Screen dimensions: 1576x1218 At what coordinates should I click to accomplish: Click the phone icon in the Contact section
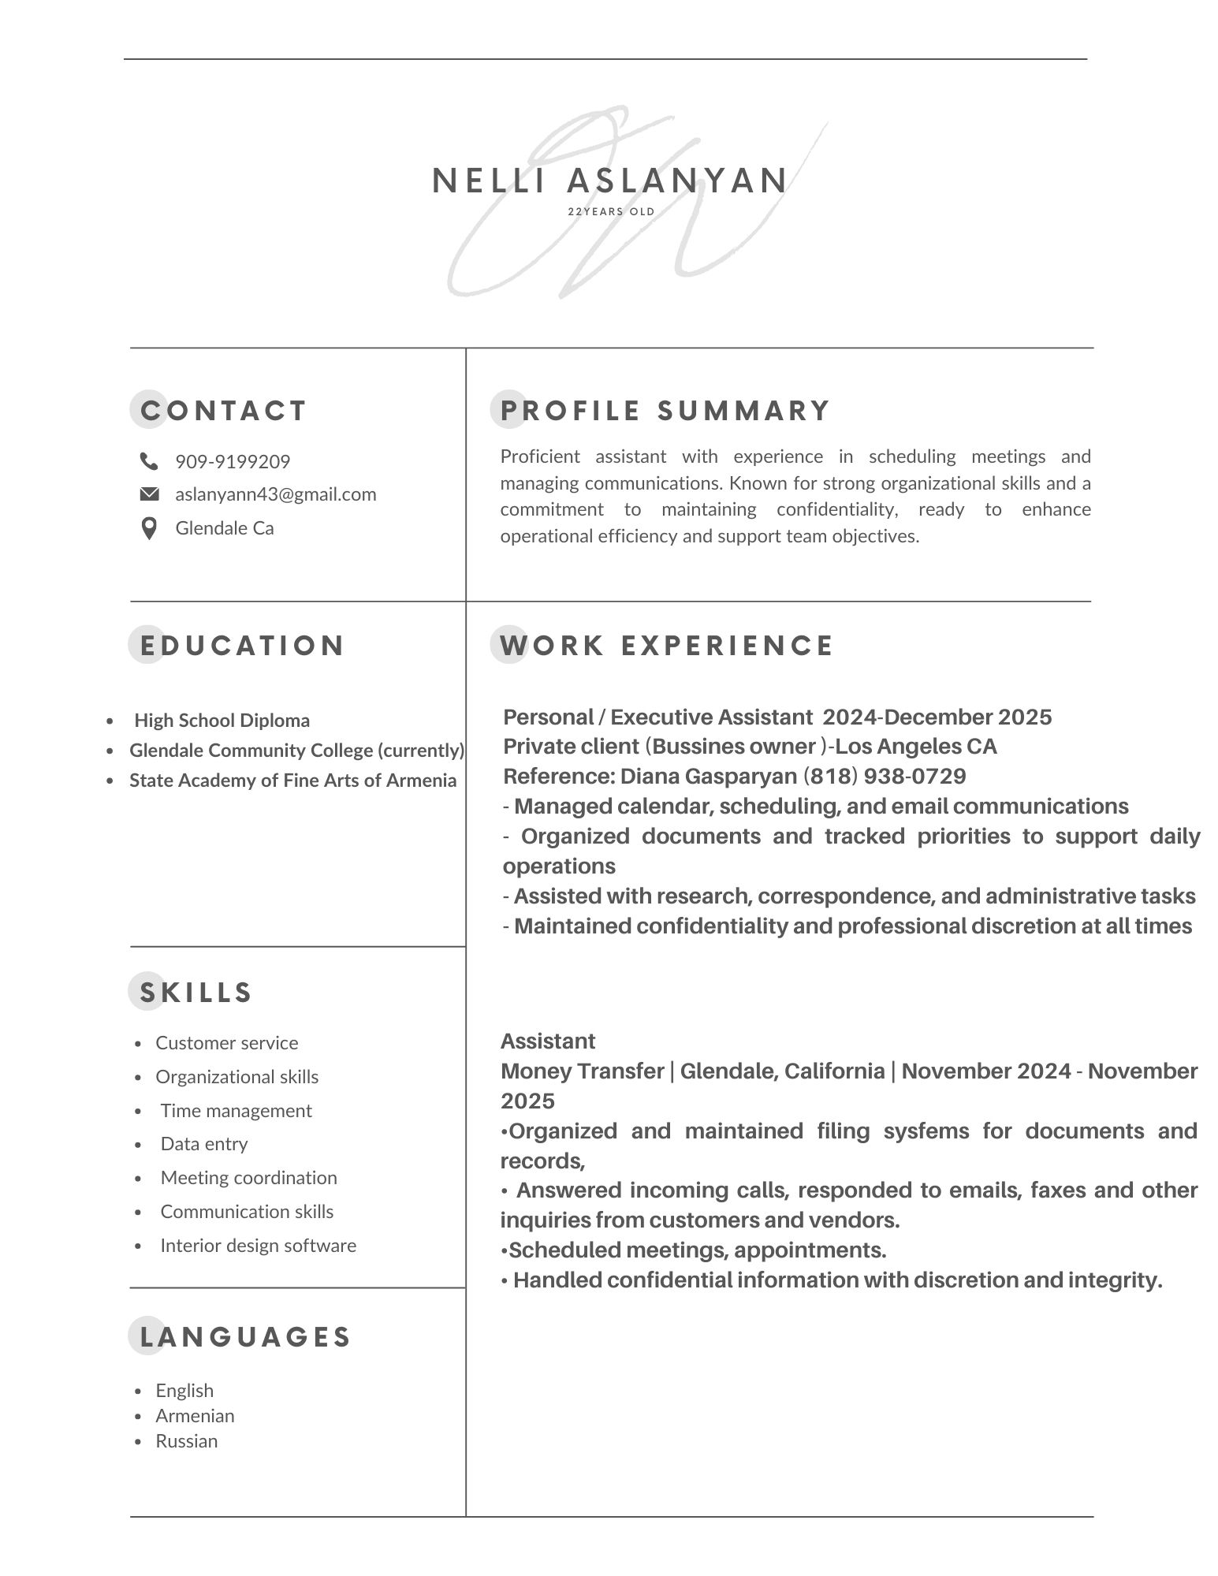click(x=148, y=460)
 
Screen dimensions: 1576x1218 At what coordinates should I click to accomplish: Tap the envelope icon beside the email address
click(x=149, y=494)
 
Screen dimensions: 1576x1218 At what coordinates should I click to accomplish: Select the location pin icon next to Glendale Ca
click(x=148, y=528)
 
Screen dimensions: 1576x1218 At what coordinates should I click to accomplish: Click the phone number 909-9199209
click(x=233, y=461)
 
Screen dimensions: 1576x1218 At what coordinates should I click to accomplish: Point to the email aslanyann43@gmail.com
click(x=275, y=494)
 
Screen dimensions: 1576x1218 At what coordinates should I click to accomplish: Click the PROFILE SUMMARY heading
click(x=665, y=411)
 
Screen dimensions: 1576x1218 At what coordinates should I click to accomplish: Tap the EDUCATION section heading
click(x=241, y=646)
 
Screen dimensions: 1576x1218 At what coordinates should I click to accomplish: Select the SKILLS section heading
click(x=196, y=993)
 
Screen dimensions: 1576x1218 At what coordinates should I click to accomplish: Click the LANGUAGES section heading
click(x=244, y=1336)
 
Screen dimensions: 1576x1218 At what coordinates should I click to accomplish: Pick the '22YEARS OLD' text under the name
click(x=611, y=211)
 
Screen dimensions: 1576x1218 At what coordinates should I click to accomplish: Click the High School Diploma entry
click(x=222, y=721)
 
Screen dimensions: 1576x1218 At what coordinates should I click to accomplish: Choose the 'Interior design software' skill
click(x=258, y=1245)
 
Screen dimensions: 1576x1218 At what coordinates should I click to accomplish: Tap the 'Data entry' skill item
click(x=203, y=1143)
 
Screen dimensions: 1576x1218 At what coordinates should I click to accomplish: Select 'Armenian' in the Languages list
click(x=195, y=1415)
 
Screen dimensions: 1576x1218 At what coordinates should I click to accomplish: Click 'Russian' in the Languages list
click(x=186, y=1440)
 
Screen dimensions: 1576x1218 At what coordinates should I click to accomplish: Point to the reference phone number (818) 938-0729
click(x=885, y=777)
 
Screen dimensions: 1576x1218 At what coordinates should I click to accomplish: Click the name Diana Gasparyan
click(x=708, y=777)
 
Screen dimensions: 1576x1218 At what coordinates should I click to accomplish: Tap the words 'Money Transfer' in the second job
click(x=582, y=1071)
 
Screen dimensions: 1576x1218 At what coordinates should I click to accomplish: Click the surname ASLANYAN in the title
click(x=677, y=181)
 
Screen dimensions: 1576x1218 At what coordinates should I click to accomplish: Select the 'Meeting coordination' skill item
click(x=248, y=1177)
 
